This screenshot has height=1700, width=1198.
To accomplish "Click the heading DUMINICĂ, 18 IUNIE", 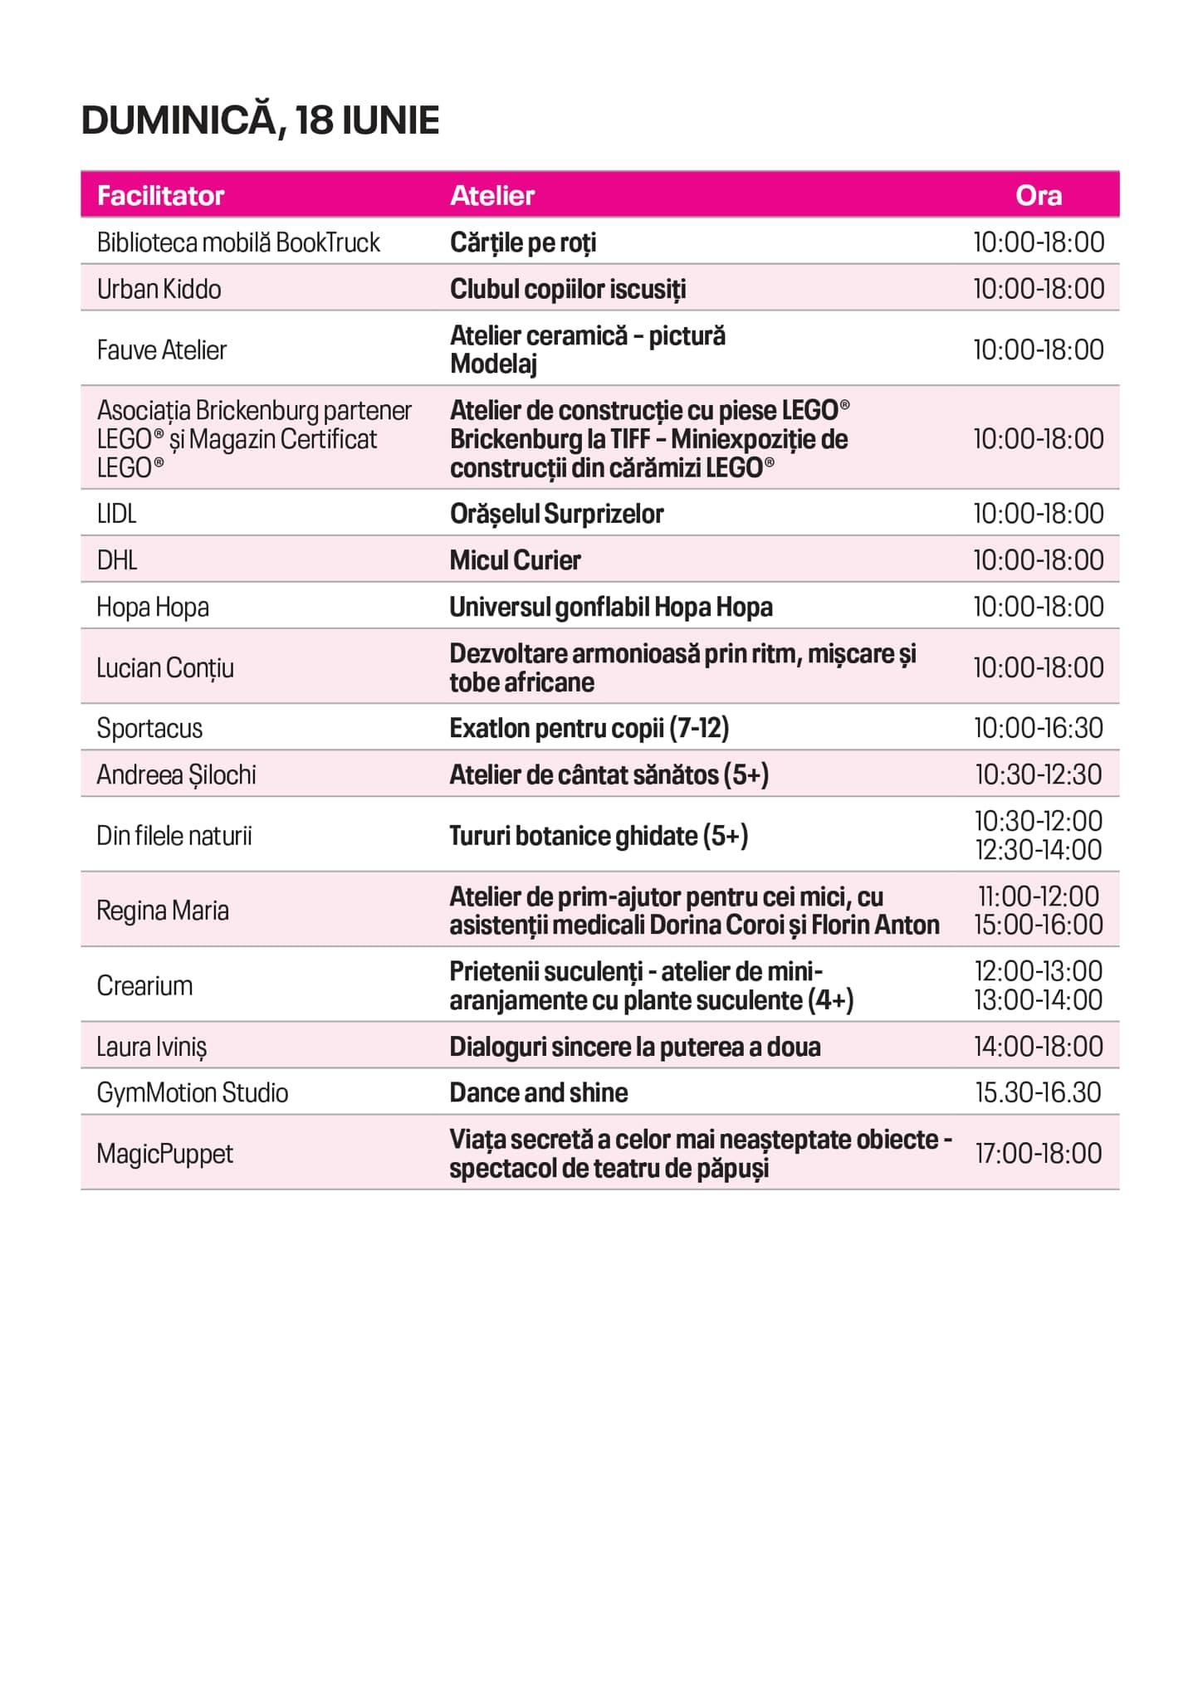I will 260,121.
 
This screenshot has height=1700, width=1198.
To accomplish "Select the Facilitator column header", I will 160,196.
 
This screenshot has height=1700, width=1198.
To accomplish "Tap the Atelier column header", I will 491,196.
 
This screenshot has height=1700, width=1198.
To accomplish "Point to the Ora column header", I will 1038,196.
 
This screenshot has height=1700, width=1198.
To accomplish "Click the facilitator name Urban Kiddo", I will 159,289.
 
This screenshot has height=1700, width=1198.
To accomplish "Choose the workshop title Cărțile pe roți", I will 523,242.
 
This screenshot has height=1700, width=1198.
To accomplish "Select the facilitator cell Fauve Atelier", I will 161,349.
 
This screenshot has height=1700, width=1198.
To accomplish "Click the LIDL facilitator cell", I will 116,514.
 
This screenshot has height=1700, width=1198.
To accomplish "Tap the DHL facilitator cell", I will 117,560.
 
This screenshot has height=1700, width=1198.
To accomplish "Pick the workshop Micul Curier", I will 515,560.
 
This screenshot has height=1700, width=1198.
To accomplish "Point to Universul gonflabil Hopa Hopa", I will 610,607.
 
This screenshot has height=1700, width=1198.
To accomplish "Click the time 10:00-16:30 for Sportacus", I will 1038,728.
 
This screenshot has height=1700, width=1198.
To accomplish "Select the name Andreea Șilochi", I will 176,774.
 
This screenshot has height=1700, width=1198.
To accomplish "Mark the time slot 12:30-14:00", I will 1038,850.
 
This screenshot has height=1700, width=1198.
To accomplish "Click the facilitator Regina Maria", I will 163,911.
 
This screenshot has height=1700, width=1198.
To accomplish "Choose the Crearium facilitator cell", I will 144,985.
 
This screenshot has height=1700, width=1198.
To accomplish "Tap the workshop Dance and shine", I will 538,1092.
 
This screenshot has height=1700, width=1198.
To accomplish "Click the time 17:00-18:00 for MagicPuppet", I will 1038,1153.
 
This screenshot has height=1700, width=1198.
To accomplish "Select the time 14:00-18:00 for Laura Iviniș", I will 1038,1047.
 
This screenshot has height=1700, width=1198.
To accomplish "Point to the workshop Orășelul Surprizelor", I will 556,514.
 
